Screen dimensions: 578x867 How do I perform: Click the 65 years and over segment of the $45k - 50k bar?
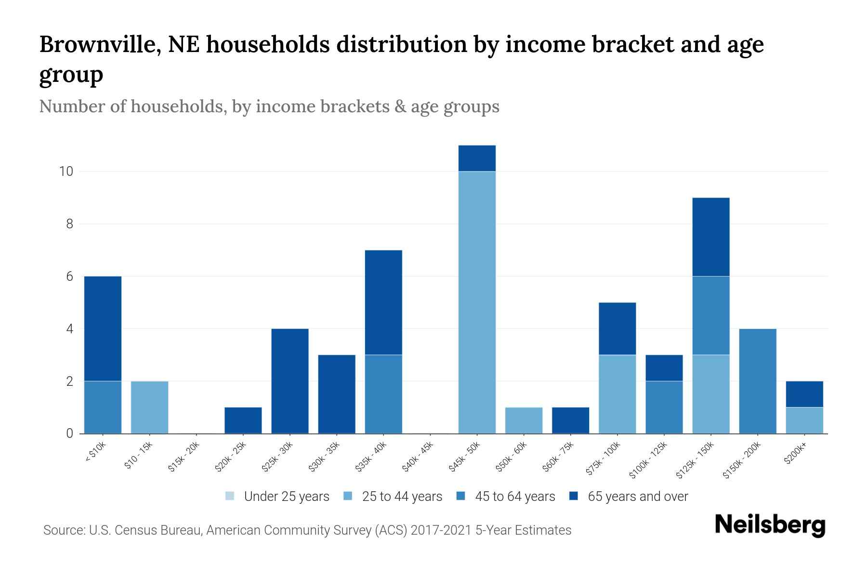pos(477,158)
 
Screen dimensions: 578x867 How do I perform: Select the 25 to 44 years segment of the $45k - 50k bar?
pos(477,302)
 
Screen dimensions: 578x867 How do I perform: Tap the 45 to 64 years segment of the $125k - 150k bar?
pos(710,315)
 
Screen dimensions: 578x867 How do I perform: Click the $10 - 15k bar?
pos(149,407)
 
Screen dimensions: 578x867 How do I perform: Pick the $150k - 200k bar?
pos(757,381)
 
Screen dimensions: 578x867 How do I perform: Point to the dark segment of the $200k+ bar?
pos(804,394)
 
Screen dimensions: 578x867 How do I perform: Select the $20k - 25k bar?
pos(243,420)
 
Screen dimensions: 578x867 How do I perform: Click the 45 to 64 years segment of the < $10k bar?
pos(103,407)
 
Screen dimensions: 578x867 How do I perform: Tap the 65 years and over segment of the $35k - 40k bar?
pos(383,302)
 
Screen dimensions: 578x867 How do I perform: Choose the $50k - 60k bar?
pos(524,420)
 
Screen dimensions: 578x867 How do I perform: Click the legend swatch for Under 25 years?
pos(230,496)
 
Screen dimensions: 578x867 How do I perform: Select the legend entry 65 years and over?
pos(637,496)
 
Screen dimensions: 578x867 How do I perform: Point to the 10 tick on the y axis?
pos(66,171)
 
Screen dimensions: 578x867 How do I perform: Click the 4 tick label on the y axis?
pos(69,329)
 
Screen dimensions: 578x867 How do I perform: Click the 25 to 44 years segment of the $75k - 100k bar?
pos(617,394)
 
